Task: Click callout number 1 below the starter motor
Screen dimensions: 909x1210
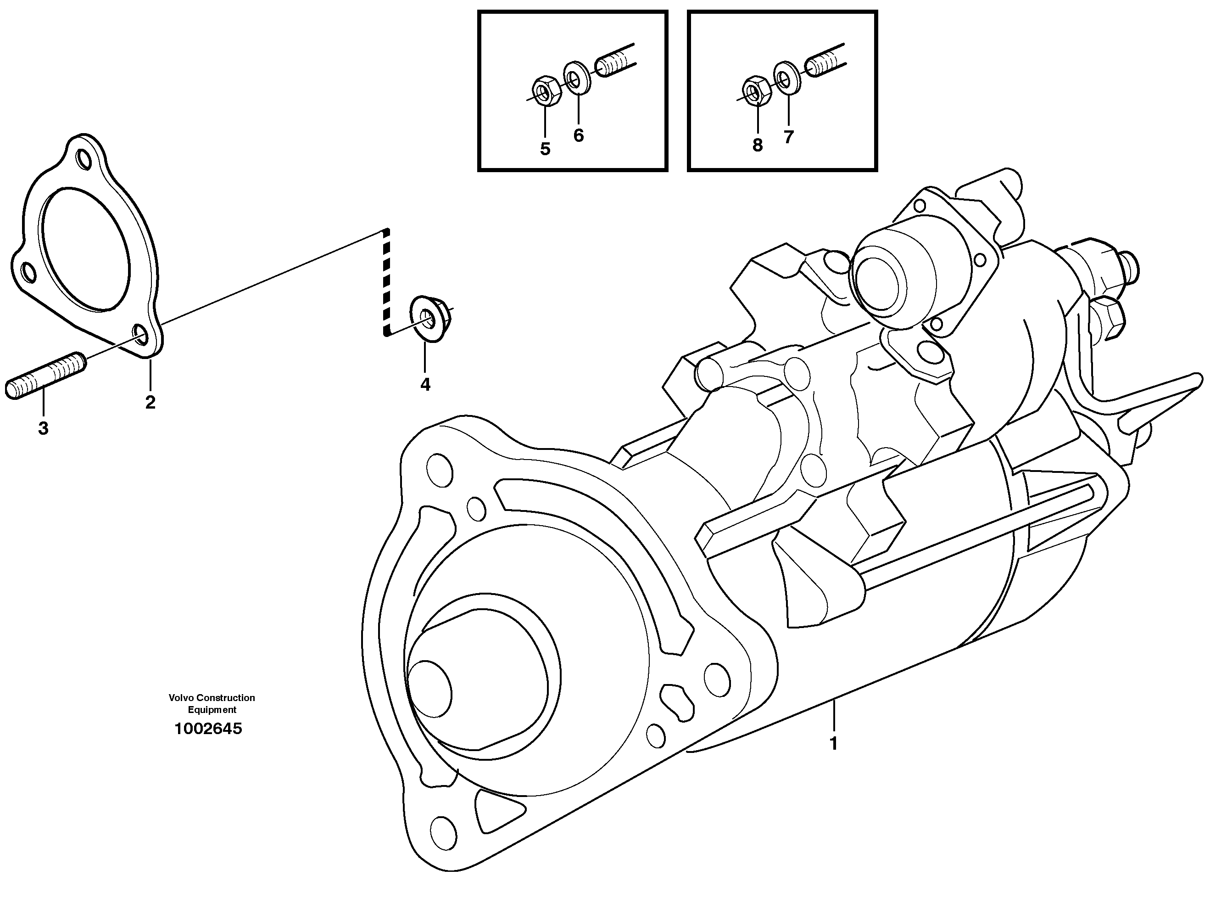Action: (x=834, y=744)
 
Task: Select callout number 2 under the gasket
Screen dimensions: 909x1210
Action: (x=151, y=403)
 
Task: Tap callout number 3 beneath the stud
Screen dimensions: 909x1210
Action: (x=43, y=428)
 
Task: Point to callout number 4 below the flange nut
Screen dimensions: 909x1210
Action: (x=425, y=385)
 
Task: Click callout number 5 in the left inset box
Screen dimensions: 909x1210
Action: (x=545, y=149)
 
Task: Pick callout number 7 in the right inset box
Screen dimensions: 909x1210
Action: (x=788, y=137)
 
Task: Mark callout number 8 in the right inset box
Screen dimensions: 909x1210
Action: (x=757, y=145)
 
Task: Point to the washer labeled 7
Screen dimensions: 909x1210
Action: (x=786, y=77)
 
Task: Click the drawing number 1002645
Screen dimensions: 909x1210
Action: (x=208, y=729)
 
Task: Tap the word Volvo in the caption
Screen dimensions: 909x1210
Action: (x=181, y=698)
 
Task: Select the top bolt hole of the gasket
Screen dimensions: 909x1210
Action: (x=85, y=159)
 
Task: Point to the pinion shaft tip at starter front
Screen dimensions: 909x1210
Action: (x=429, y=692)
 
